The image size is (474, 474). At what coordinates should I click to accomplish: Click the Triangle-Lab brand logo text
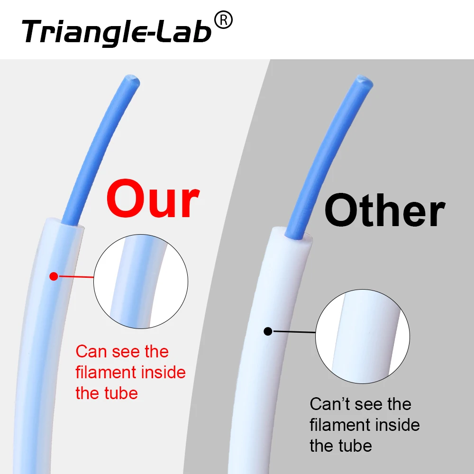pos(116,31)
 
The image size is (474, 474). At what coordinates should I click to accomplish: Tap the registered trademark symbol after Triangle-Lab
pos(223,20)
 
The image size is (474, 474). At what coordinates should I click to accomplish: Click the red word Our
pos(153,199)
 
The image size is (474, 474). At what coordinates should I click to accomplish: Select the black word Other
pos(384,211)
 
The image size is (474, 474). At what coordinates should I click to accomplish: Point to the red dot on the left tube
pos(54,276)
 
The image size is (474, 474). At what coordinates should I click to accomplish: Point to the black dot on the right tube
pos(268,331)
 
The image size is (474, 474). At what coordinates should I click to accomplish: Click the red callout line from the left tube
pos(76,277)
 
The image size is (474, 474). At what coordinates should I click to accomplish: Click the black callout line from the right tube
pos(294,332)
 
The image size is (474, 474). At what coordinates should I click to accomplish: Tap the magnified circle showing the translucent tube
pos(141,283)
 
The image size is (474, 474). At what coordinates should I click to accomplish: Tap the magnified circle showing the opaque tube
pos(363,336)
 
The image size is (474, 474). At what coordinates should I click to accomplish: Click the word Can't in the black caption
pos(330,404)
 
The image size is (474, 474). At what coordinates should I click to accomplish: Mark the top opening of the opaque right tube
pos(292,234)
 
